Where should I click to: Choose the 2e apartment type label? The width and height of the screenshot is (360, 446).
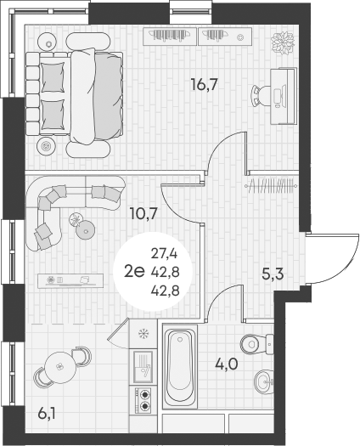coord(133,271)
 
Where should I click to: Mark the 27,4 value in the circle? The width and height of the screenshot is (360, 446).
coord(165,253)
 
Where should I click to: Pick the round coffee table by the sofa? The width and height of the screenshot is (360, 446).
coord(84,227)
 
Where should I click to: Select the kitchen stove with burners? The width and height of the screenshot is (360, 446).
coord(143,399)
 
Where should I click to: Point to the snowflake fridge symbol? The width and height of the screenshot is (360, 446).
coord(143,333)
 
